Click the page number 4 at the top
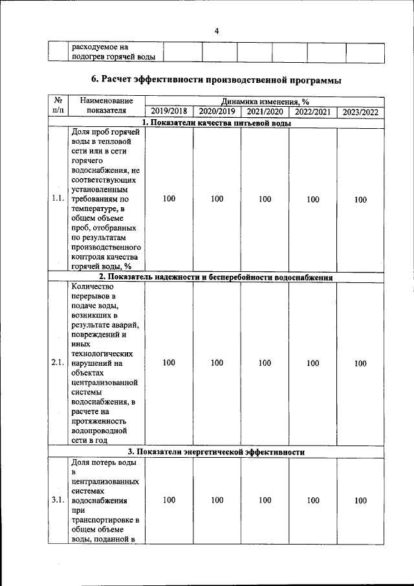[x=217, y=31]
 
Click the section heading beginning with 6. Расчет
[x=216, y=80]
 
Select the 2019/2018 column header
[x=169, y=112]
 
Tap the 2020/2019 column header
[x=217, y=112]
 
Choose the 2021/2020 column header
[x=265, y=112]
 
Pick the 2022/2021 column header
[x=312, y=112]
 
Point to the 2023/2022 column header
[x=360, y=112]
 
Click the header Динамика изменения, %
[x=265, y=102]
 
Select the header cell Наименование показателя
[x=107, y=106]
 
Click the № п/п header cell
[x=57, y=106]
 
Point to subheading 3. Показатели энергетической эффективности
[x=216, y=451]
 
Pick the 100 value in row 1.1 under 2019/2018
[x=169, y=199]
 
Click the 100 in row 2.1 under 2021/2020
[x=265, y=363]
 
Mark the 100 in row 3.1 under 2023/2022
[x=360, y=500]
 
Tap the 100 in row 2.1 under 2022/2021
[x=312, y=363]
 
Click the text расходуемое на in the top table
[x=100, y=47]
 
